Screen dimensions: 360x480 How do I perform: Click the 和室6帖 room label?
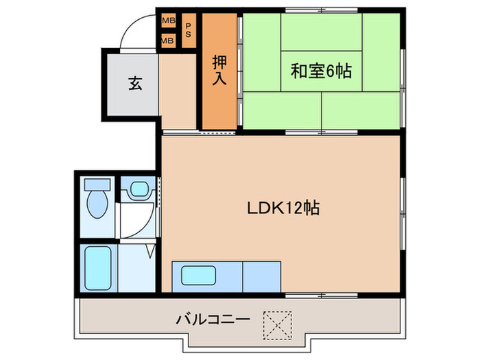[320, 71]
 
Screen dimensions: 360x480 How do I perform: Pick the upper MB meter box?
[167, 21]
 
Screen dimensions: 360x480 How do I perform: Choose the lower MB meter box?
[167, 40]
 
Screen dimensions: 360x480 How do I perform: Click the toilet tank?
[97, 185]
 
